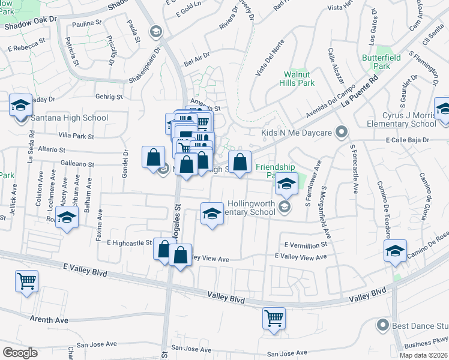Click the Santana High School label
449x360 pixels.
pos(70,118)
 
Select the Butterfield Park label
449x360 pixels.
pos(385,62)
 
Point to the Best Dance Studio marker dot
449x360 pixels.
pos(382,326)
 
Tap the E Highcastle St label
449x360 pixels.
pos(130,242)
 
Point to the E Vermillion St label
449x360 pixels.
pos(306,245)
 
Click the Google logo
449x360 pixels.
pos(20,353)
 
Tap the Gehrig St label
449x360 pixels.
pos(109,97)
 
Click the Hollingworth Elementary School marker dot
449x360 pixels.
pos(285,208)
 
